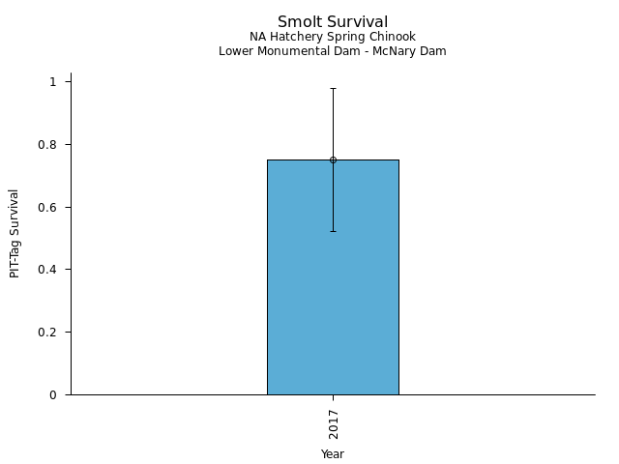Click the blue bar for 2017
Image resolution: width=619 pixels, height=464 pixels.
pyautogui.click(x=333, y=290)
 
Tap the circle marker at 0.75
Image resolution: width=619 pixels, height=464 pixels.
pyautogui.click(x=333, y=159)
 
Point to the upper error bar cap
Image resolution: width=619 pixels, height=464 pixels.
pyautogui.click(x=333, y=88)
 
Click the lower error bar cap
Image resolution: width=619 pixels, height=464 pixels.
pyautogui.click(x=333, y=231)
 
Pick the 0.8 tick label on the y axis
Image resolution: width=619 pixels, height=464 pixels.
pyautogui.click(x=51, y=145)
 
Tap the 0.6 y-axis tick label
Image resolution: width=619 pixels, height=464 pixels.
pyautogui.click(x=51, y=208)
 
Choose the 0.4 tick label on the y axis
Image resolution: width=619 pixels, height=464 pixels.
pyautogui.click(x=51, y=270)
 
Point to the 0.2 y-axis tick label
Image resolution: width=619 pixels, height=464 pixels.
pyautogui.click(x=51, y=333)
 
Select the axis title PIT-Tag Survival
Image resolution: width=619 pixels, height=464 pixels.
pyautogui.click(x=15, y=233)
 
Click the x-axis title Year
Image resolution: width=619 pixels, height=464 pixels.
pyautogui.click(x=333, y=453)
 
